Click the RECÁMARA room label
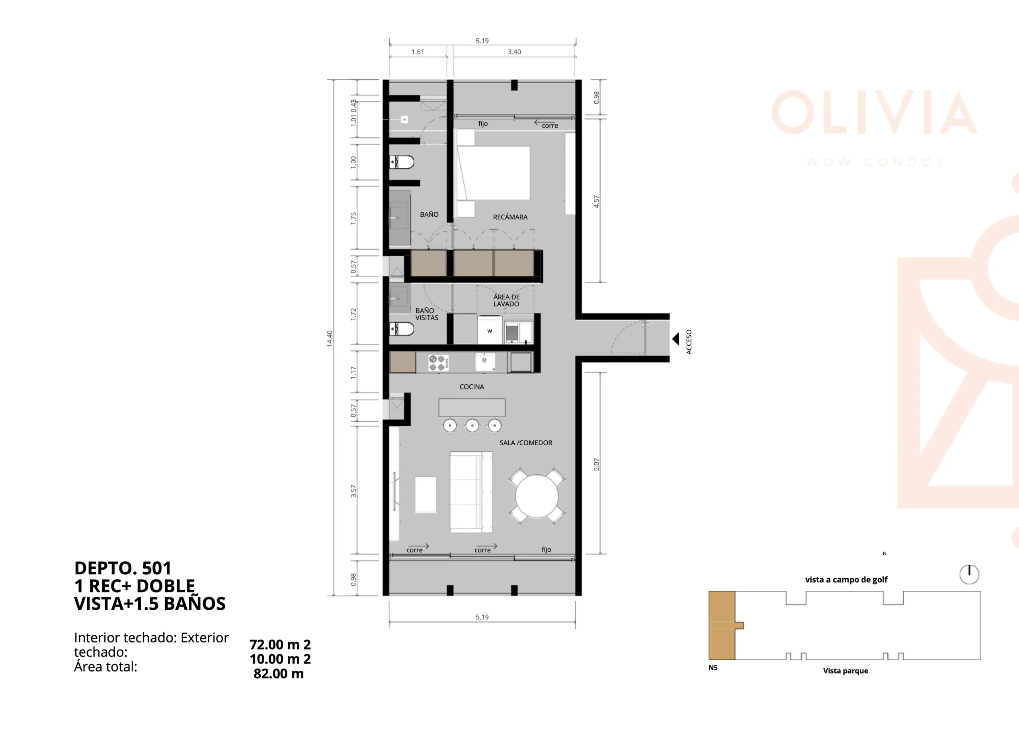pos(510,217)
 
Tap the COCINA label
pos(472,387)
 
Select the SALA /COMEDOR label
pos(526,443)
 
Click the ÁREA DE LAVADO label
pos(506,300)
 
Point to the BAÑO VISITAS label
pos(426,314)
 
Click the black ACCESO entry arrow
pos(675,339)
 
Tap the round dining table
pos(537,496)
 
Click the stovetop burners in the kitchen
pos(438,363)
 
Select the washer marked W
pos(490,331)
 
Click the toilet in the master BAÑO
pos(402,162)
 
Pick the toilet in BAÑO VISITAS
pos(402,329)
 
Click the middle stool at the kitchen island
pos(472,425)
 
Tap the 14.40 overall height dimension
pos(330,338)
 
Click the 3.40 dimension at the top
pos(514,52)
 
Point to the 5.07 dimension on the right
pos(596,464)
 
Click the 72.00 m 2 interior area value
pos(280,644)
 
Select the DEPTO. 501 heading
pos(123,568)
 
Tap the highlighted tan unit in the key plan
pos(722,625)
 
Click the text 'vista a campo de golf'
pos(846,579)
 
